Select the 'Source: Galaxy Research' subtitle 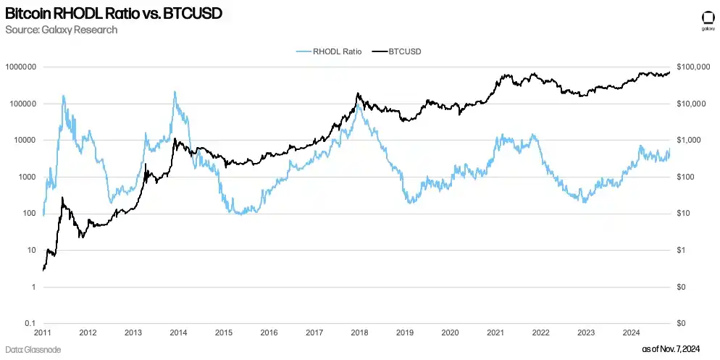point(61,30)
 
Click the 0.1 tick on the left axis point(30,323)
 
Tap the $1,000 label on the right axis point(687,141)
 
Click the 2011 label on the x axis point(43,333)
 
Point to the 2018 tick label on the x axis point(359,333)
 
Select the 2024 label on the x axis point(630,333)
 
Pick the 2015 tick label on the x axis point(224,333)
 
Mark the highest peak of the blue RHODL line point(175,92)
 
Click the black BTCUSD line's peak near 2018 point(359,93)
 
